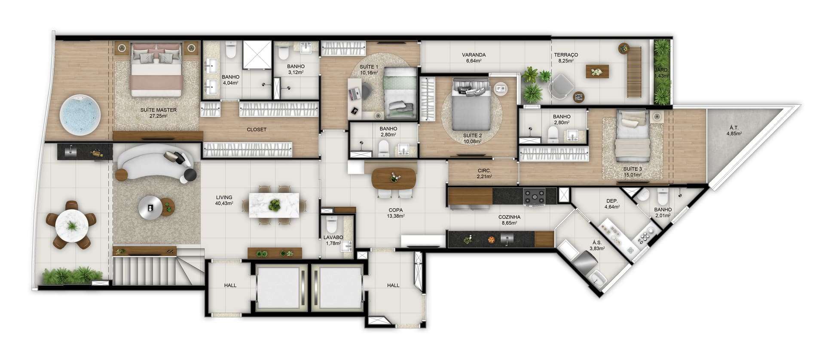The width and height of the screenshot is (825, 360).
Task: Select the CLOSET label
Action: click(257, 129)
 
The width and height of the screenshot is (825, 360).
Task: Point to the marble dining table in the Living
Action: click(275, 205)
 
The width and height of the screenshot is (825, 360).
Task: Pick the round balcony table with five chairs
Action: click(72, 225)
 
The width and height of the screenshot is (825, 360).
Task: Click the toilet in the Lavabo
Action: click(331, 225)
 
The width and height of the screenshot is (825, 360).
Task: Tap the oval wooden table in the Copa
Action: click(394, 178)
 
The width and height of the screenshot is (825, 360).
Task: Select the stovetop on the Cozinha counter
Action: click(534, 197)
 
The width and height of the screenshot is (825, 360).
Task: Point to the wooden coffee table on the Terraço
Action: click(597, 71)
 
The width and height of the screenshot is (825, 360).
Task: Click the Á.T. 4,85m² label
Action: click(734, 130)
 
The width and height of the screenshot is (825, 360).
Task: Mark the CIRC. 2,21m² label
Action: click(485, 173)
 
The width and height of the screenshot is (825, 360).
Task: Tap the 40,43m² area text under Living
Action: click(225, 203)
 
